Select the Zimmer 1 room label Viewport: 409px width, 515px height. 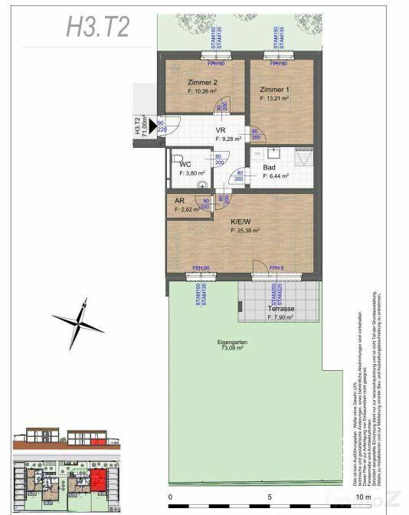(273, 89)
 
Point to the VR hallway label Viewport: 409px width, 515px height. (220, 131)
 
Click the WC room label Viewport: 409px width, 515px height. (185, 164)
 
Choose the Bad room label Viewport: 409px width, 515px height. (270, 167)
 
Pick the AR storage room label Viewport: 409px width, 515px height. (181, 201)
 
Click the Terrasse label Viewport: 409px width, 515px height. (281, 309)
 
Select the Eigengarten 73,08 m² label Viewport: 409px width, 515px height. (229, 345)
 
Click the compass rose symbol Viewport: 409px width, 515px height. (78, 323)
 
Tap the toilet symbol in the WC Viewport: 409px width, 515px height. (202, 184)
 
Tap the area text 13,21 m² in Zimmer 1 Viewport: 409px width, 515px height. (275, 98)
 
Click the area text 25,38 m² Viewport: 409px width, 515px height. (246, 229)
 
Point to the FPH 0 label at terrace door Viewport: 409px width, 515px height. (276, 267)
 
